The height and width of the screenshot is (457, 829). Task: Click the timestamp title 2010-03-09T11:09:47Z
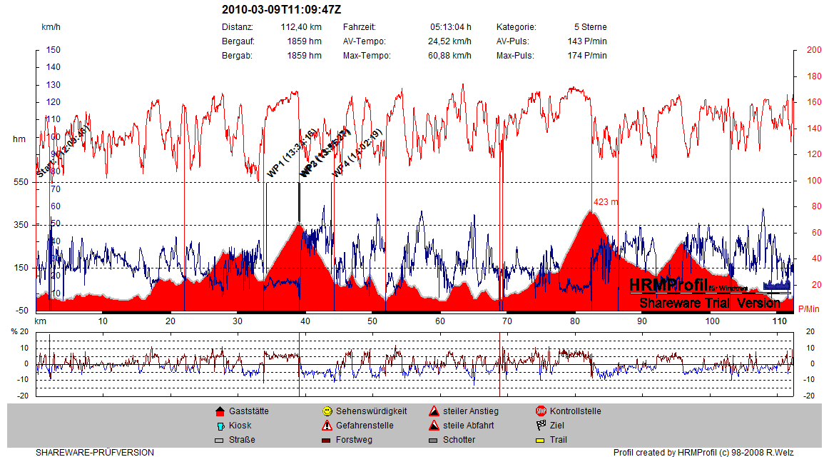tap(282, 9)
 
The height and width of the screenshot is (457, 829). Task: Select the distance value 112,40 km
tap(301, 27)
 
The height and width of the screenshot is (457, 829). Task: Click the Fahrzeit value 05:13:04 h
tap(450, 27)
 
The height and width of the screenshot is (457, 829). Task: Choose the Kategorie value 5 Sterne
tap(590, 27)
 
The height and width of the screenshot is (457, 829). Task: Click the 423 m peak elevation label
tap(606, 202)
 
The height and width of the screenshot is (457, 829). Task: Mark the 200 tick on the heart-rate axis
tap(813, 50)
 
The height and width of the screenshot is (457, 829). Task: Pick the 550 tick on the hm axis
tap(21, 182)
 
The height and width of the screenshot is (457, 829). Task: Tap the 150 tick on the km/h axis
tap(54, 50)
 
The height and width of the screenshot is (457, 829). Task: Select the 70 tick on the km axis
tap(507, 321)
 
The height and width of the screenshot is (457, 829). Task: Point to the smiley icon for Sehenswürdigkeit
tap(327, 411)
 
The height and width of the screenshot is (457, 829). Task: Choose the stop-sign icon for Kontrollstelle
tap(541, 411)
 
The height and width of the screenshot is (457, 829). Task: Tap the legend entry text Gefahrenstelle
tap(365, 426)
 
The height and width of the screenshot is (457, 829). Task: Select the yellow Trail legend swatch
tap(541, 440)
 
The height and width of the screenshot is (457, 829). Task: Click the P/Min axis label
tap(808, 308)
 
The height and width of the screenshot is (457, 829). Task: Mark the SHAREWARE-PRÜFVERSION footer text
tap(95, 452)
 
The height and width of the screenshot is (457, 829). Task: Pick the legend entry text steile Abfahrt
tap(468, 426)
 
